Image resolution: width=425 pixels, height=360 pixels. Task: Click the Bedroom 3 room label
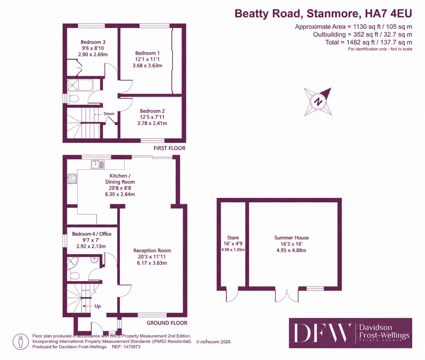tap(93, 42)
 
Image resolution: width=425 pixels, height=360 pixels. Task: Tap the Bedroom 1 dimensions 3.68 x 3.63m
tap(148, 66)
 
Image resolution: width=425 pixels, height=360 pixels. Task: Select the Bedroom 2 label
tap(152, 111)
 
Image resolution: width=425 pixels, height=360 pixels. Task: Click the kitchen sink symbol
tap(98, 164)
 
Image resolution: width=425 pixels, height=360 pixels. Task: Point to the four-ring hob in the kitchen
tap(72, 179)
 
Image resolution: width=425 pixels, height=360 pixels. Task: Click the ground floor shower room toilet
tap(74, 275)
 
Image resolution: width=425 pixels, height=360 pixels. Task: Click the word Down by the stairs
tap(109, 114)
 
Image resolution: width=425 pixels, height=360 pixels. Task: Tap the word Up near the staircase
tap(98, 306)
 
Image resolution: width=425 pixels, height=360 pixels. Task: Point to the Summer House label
tap(291, 238)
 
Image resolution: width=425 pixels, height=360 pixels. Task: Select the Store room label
tap(233, 238)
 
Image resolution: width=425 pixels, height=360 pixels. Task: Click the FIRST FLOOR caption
tap(170, 148)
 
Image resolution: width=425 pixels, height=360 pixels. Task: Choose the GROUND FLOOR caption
tap(167, 323)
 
